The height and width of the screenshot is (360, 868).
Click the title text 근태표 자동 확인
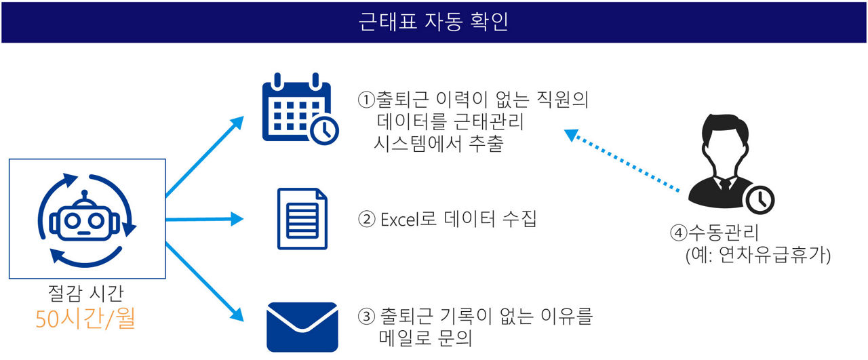433,21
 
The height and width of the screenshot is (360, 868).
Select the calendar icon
300,109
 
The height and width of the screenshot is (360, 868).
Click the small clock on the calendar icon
324,130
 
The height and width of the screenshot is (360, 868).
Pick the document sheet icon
302,219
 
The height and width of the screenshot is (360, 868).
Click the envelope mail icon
302,327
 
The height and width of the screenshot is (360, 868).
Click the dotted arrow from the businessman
622,160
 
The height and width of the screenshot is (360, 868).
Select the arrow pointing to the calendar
205,157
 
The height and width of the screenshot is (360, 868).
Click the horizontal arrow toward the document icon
205,220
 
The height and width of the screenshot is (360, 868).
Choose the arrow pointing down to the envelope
205,282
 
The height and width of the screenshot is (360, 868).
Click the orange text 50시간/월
85,319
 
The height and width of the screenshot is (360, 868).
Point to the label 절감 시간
85,293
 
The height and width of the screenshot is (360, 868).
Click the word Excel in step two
400,220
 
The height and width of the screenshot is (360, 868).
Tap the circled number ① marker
366,100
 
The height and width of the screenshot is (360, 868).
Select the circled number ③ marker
366,316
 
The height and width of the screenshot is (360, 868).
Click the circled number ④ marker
679,233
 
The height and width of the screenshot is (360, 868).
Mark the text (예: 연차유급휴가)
758,256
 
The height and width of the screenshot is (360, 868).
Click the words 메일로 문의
425,338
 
